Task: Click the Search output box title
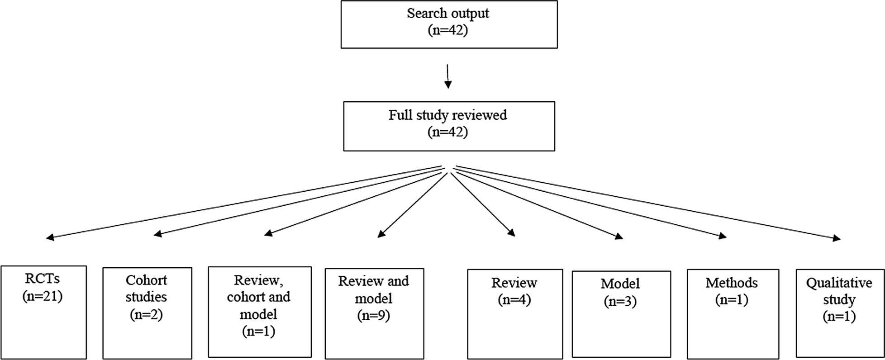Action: tap(448, 13)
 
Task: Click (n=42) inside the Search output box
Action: tap(448, 30)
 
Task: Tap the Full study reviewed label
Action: tap(448, 115)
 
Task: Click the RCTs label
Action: tap(43, 279)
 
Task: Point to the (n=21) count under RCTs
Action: tap(43, 296)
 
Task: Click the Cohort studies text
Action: tap(146, 288)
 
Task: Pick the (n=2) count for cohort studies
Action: tap(146, 314)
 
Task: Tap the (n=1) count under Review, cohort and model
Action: tap(258, 331)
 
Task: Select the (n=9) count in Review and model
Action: tap(373, 315)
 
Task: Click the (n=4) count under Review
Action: tap(514, 299)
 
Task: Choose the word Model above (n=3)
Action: tap(620, 284)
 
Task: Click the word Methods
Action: tap(731, 283)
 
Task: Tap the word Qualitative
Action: tap(839, 283)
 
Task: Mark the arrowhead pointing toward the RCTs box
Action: tap(50, 237)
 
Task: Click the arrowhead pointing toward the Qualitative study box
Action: tap(837, 238)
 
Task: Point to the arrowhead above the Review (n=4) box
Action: tap(512, 233)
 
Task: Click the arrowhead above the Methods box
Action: tap(723, 236)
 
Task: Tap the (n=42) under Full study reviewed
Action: tap(448, 132)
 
